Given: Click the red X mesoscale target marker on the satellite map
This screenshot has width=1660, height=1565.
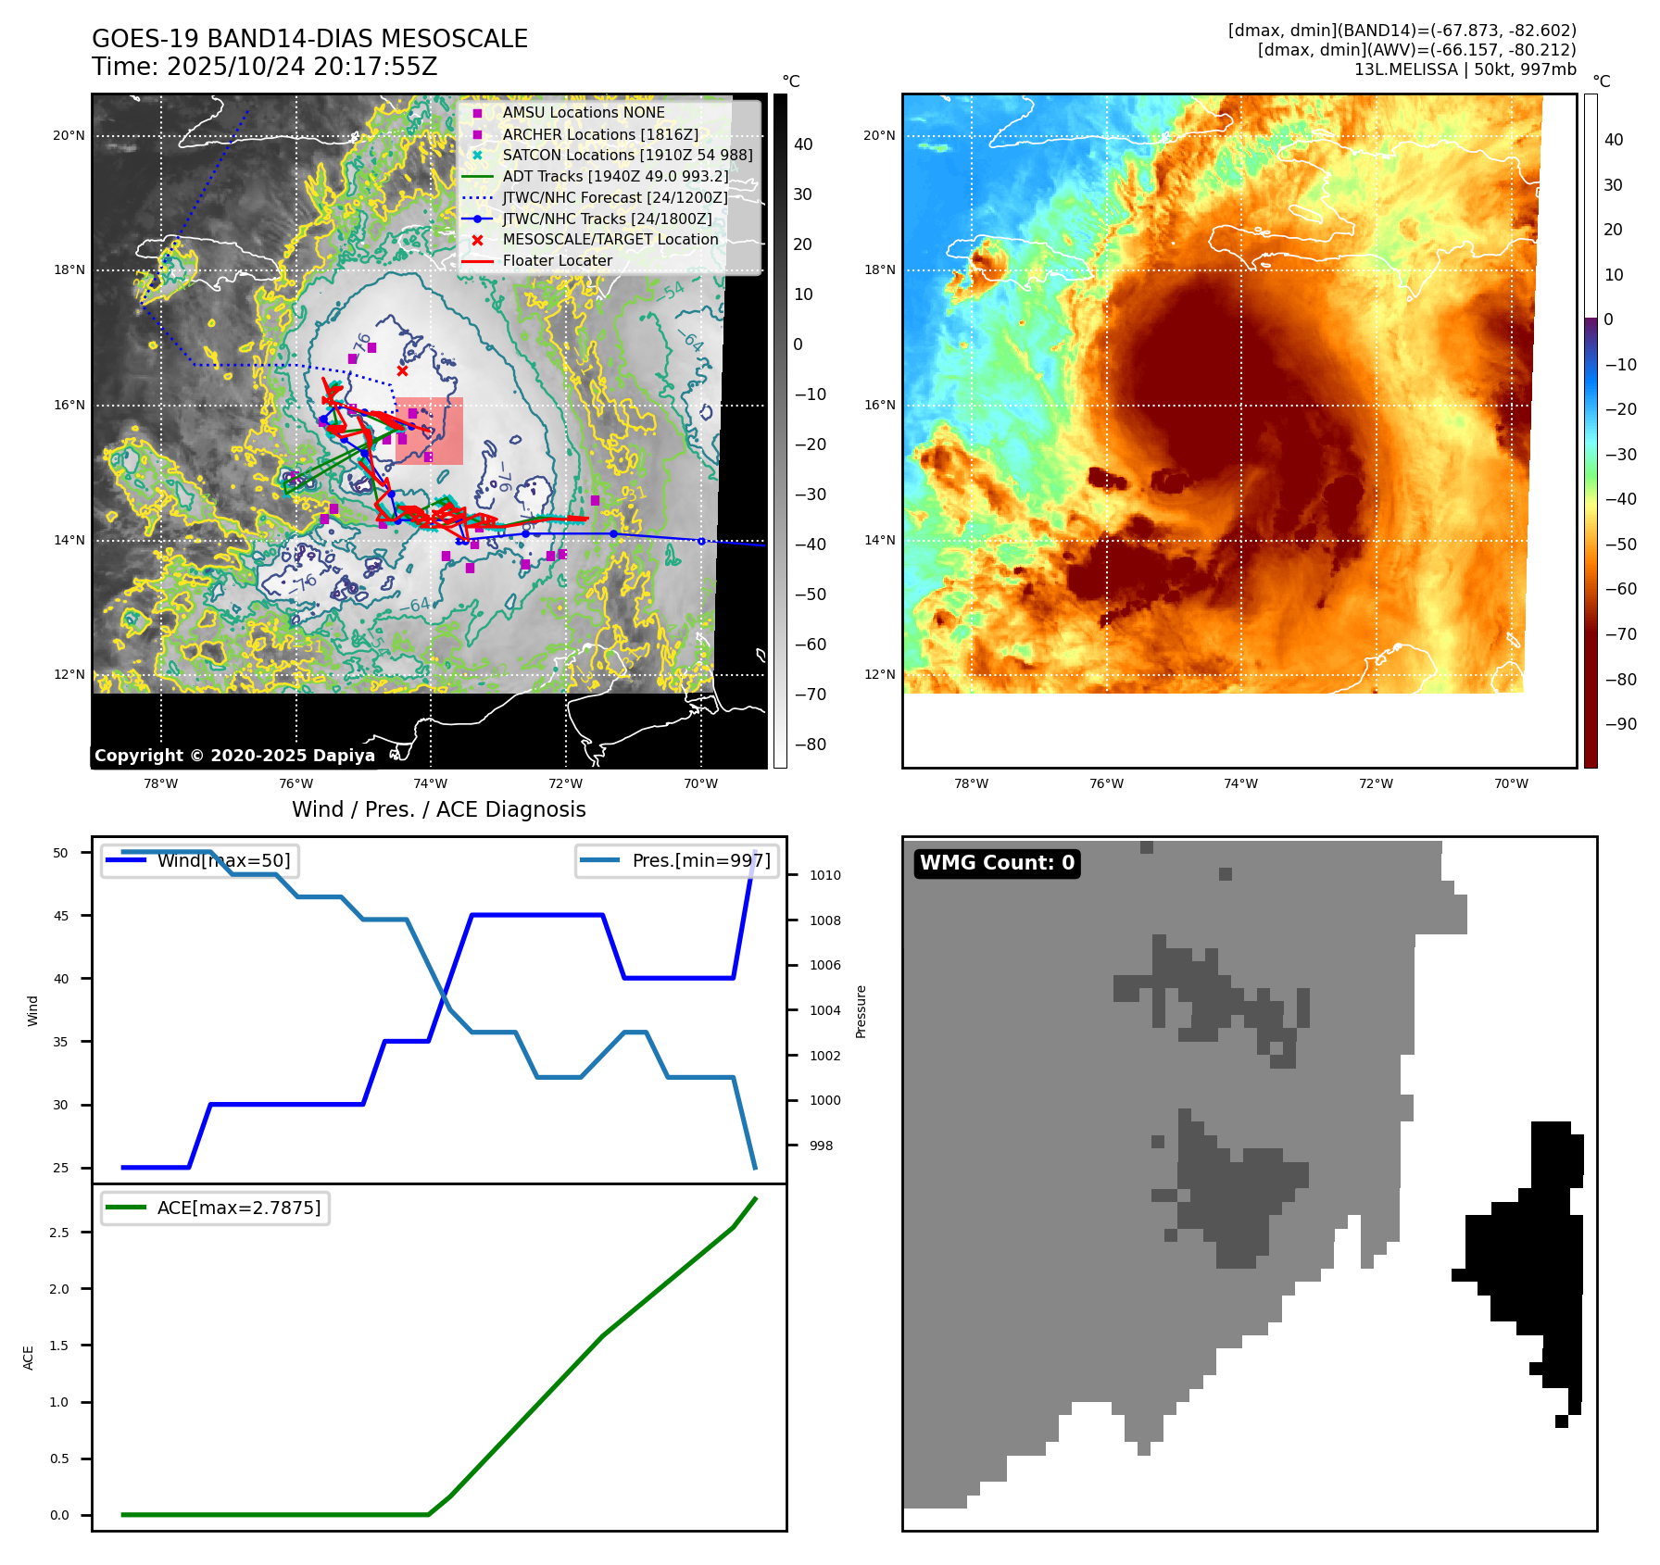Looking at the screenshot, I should tap(402, 371).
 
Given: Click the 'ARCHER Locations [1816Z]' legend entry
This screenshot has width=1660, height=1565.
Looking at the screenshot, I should tap(600, 134).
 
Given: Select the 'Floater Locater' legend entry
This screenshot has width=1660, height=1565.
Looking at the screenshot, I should tap(557, 261).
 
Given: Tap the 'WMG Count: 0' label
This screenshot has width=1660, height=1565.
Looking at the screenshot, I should tap(997, 863).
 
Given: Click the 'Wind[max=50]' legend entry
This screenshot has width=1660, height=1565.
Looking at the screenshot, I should tap(223, 860).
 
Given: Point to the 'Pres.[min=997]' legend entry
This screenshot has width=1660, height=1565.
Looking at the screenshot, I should tap(700, 860).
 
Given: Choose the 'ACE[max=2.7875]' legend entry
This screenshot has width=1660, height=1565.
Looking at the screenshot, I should tap(239, 1208).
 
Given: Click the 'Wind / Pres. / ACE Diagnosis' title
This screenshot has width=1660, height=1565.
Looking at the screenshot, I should tap(439, 809).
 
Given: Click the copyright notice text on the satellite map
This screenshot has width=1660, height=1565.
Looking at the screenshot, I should tap(234, 756).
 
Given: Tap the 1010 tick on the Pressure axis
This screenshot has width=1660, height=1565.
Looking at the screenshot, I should tap(824, 875).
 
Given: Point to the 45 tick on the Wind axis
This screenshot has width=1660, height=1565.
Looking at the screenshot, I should tap(61, 916).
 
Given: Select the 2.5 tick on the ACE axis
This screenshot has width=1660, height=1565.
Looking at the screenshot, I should tap(59, 1233).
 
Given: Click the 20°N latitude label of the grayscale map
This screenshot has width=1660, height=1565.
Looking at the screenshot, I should tap(69, 136).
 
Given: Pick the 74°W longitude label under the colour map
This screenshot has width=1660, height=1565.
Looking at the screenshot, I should tap(1240, 783).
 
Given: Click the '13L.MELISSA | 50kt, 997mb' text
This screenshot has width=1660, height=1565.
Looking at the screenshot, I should tap(1465, 69).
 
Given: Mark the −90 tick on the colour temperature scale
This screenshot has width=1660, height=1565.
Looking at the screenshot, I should tap(1620, 724).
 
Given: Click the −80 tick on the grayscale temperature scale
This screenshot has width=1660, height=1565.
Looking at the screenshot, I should tap(810, 745).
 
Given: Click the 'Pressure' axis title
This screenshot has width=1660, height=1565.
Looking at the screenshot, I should tap(861, 1011).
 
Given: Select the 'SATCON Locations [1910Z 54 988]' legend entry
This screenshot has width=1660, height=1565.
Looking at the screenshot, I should tap(627, 156).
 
